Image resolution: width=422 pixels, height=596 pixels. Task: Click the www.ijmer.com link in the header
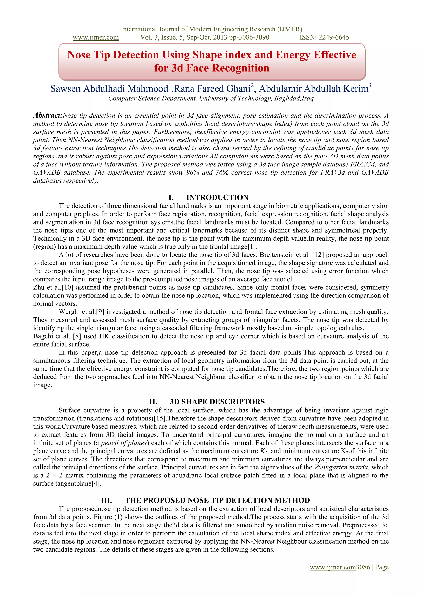[95, 37]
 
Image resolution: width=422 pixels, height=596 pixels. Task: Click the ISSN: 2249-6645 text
[324, 37]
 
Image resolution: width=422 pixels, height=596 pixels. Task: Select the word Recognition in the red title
[241, 68]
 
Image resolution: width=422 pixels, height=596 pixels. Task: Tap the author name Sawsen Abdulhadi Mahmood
[109, 89]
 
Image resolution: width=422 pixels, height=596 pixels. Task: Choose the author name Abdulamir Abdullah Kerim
[314, 89]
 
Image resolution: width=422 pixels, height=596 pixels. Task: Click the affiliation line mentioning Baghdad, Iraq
[211, 98]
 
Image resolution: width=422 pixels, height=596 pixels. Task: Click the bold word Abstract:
[48, 115]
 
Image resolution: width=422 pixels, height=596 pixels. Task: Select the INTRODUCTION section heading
[217, 197]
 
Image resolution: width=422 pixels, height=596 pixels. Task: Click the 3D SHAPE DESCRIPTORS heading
[217, 402]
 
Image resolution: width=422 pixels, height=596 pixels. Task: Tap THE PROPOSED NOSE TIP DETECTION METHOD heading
[217, 500]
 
